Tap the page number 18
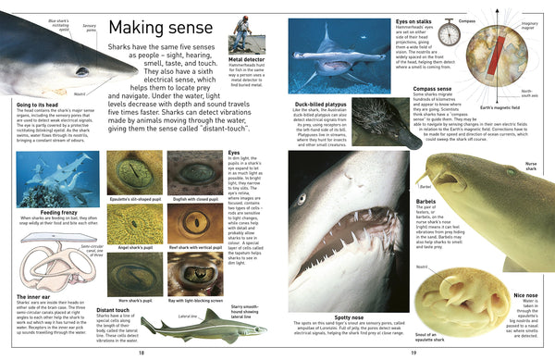(141, 352)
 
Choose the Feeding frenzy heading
(37, 212)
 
